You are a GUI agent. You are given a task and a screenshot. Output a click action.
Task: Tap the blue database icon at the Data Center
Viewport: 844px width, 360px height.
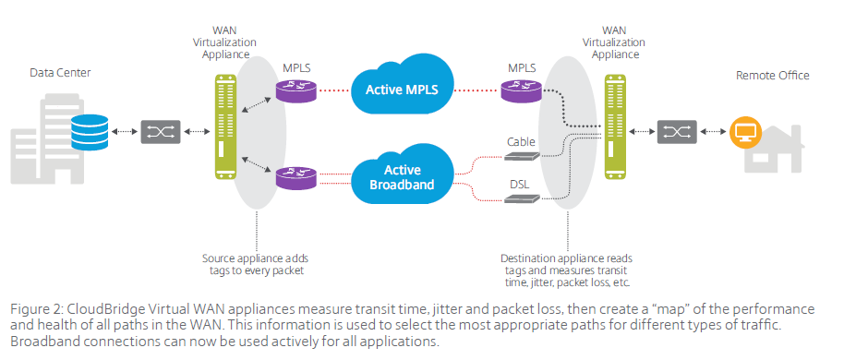[90, 131]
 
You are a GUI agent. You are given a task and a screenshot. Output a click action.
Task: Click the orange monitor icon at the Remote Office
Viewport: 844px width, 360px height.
[745, 132]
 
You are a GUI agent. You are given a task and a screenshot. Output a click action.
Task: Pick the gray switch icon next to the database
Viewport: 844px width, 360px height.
[161, 132]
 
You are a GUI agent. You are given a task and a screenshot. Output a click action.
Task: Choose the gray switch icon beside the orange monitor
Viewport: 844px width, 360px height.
[677, 132]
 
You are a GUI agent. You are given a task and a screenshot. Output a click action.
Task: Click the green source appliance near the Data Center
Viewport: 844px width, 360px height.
[225, 127]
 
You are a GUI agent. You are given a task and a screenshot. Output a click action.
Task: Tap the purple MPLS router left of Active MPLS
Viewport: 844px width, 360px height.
[295, 90]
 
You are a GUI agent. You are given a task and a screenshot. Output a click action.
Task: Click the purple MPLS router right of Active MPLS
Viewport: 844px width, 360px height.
[521, 90]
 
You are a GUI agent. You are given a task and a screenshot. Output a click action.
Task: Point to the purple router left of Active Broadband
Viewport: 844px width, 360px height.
[295, 178]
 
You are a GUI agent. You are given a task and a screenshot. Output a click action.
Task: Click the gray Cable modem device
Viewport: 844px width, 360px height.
[522, 157]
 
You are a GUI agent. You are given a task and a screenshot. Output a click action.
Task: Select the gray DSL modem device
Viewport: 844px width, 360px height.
[522, 198]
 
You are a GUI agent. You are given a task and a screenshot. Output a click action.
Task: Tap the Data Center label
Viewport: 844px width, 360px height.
[60, 73]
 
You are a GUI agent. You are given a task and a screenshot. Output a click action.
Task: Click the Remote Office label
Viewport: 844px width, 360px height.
[772, 76]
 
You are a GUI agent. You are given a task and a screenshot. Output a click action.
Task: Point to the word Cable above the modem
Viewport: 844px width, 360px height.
[521, 142]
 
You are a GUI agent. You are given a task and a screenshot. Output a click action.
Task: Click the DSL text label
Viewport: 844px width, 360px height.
[519, 185]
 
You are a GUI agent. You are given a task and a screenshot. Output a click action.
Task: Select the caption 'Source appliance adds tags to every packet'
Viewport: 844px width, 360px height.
[256, 264]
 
